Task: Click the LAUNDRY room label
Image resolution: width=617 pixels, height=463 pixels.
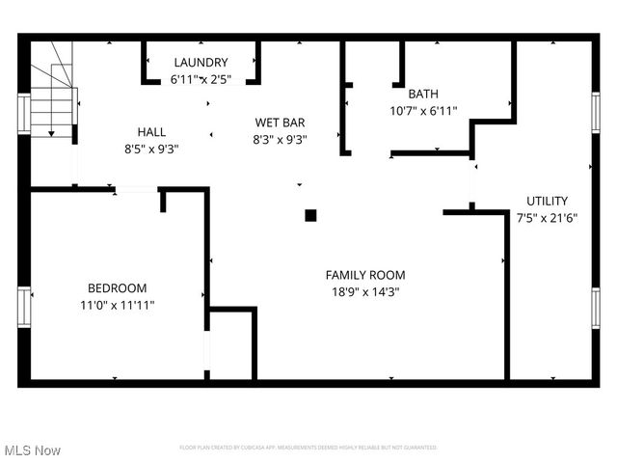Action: (201, 63)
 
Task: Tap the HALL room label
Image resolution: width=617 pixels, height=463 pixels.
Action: (151, 132)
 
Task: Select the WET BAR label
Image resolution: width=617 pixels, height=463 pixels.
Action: (280, 123)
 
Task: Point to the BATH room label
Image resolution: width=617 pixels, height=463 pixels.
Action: (423, 94)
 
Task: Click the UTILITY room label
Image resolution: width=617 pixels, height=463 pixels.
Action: (547, 201)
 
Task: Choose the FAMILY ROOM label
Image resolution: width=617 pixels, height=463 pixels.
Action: (365, 275)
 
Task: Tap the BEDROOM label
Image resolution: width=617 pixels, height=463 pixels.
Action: (118, 288)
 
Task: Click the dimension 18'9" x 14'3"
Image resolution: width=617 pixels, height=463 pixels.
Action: (365, 291)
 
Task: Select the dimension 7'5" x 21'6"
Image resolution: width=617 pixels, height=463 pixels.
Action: (547, 217)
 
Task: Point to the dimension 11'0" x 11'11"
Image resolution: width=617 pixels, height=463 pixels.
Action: (118, 305)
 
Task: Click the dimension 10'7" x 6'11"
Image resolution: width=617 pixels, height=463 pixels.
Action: (423, 110)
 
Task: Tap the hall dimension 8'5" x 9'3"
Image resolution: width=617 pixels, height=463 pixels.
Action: (151, 149)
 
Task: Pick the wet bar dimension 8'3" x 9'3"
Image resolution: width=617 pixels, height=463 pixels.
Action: (280, 139)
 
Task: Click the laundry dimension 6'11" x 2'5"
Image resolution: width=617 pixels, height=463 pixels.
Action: (201, 79)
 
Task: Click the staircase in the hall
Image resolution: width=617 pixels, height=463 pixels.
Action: (52, 101)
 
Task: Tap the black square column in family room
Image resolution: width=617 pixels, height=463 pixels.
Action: (310, 216)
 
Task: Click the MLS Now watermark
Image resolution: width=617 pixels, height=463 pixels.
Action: (33, 450)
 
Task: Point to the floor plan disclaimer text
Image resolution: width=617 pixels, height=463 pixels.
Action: (308, 448)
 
